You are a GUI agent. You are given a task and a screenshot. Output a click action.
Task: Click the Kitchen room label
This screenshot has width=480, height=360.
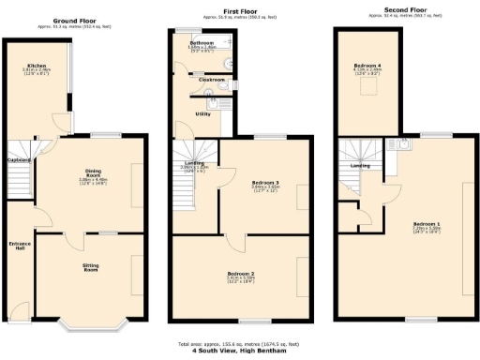coord(40,65)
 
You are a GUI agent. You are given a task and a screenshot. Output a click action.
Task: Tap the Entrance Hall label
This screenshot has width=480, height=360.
coord(18,246)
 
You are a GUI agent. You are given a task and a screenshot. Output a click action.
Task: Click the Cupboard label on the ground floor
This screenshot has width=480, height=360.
coord(20,161)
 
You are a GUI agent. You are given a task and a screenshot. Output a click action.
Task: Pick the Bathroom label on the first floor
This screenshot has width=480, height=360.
coord(202,43)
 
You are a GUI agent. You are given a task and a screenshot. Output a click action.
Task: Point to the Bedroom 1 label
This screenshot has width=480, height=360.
coord(427,224)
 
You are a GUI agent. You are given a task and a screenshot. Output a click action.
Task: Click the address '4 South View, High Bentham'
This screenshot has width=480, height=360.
coord(240,352)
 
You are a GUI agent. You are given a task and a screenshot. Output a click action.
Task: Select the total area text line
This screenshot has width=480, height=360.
coord(240,344)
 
